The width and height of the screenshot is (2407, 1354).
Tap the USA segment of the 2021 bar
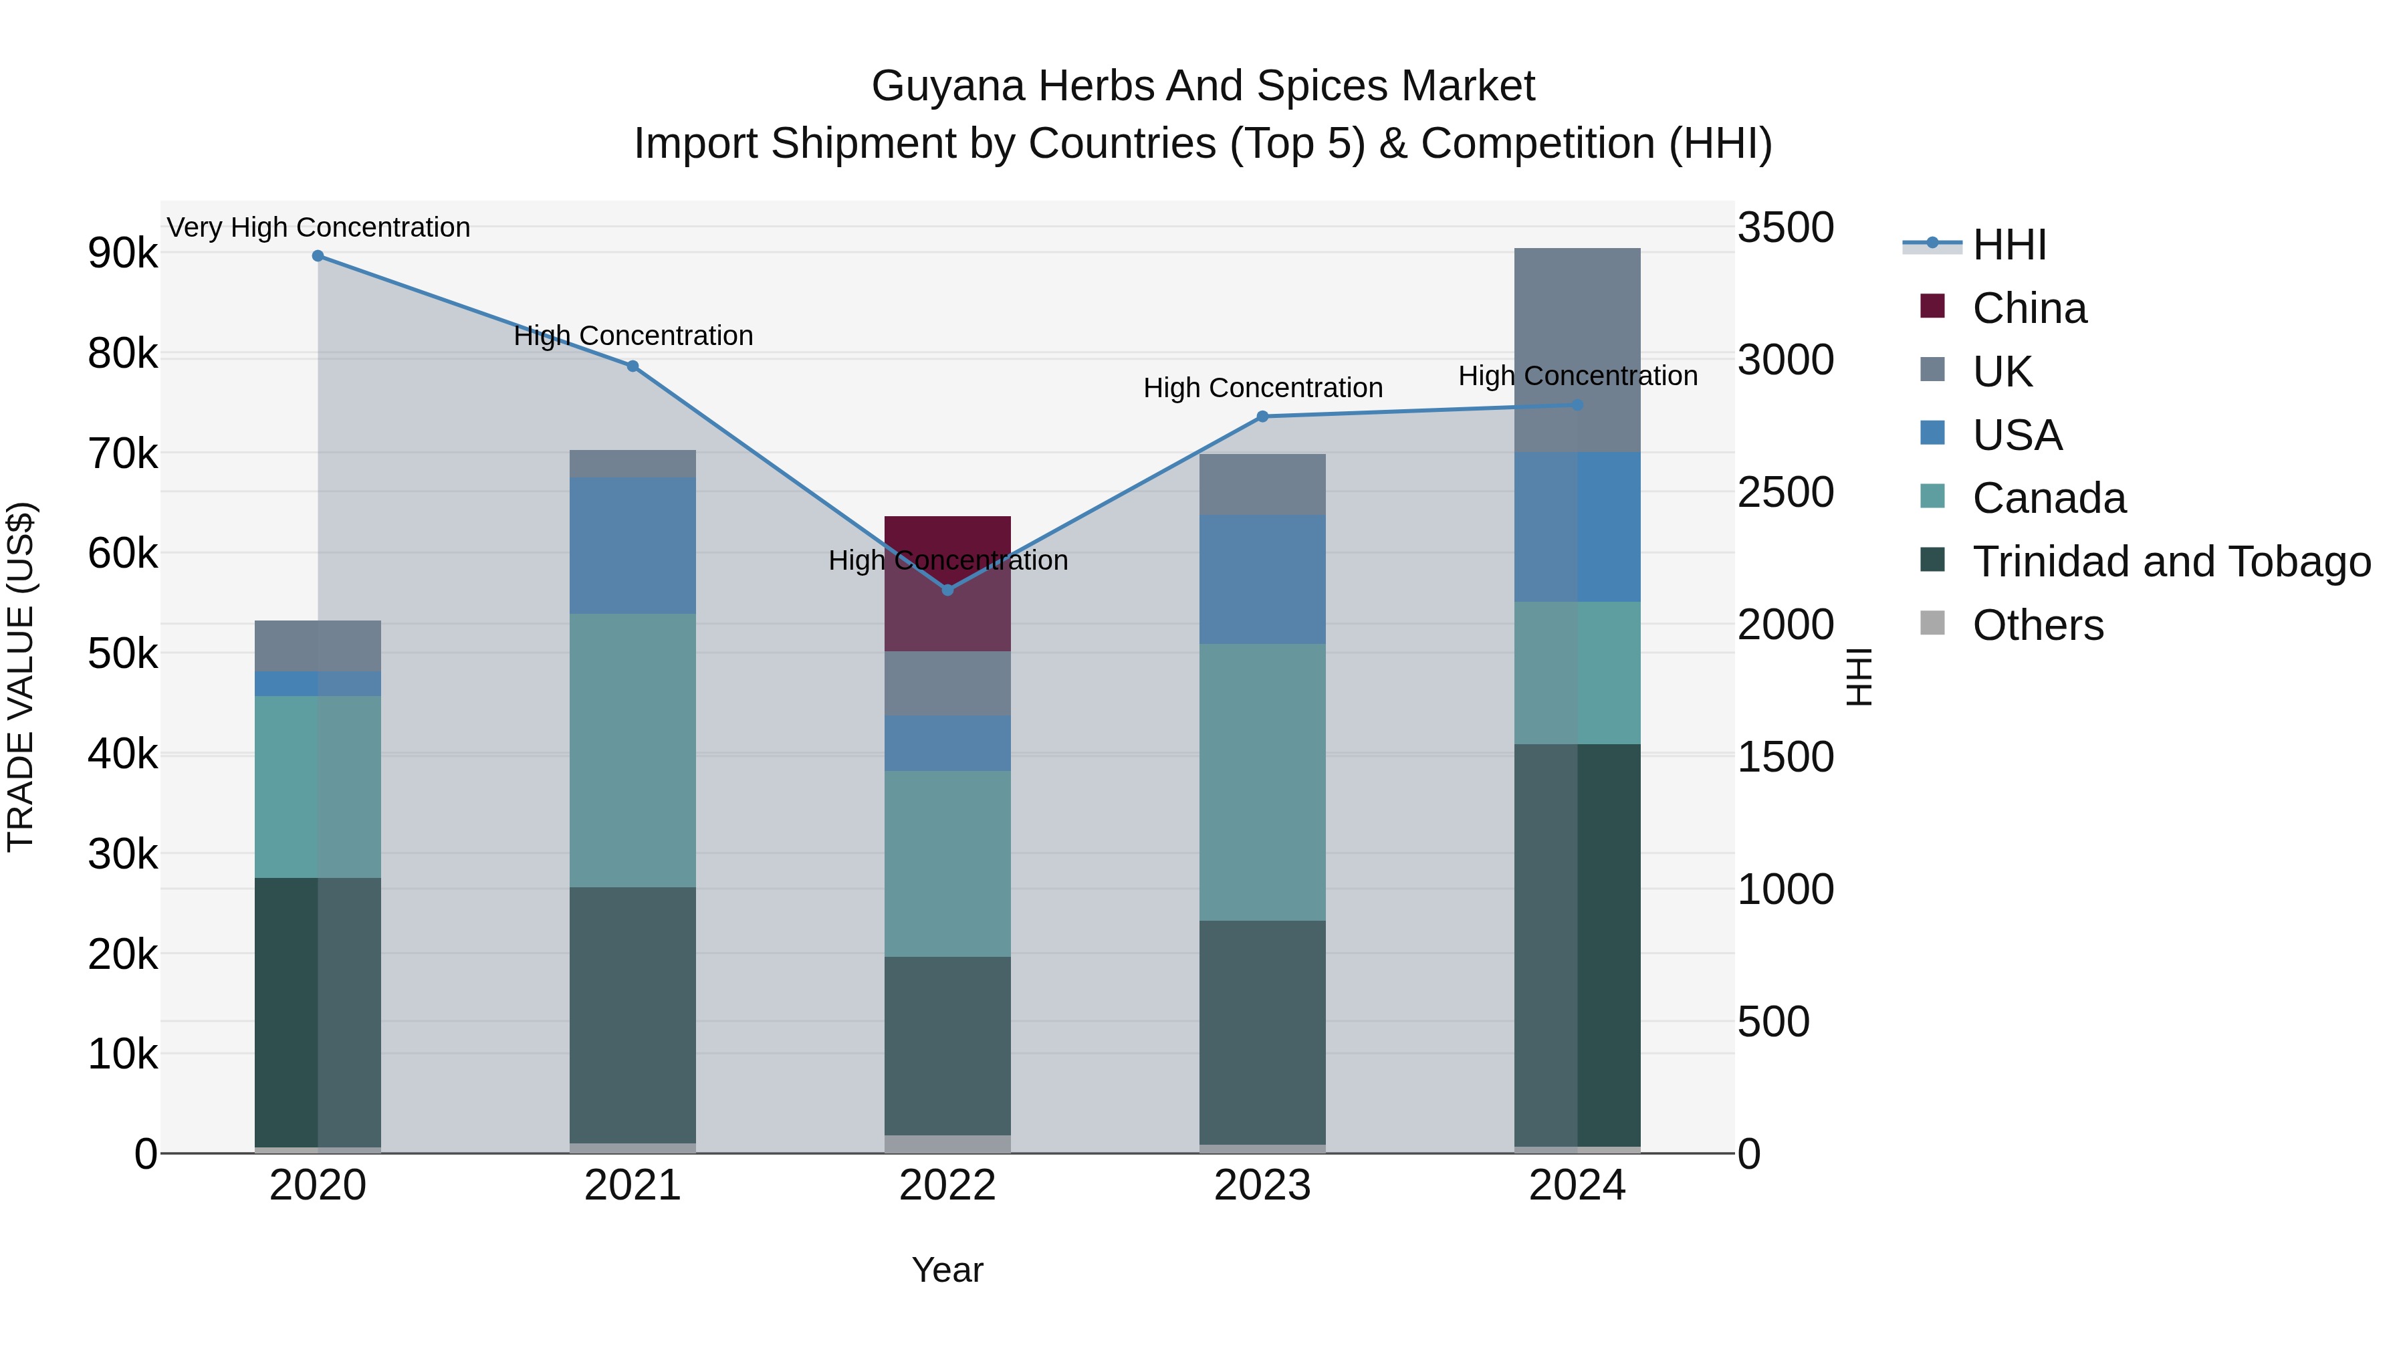(x=633, y=546)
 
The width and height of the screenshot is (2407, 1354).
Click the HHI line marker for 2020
(x=318, y=256)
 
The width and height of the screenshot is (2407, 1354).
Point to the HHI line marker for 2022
(x=947, y=590)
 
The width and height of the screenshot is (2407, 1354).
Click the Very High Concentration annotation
(x=318, y=227)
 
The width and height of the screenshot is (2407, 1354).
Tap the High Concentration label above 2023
(x=1262, y=388)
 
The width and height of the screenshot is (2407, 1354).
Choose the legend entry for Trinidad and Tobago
(x=2170, y=562)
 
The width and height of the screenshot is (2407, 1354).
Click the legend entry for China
(x=2029, y=308)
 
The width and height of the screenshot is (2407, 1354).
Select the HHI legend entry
(x=2009, y=245)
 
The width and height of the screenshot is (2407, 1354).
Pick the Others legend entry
(x=2037, y=625)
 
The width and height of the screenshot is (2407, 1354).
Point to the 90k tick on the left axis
(x=122, y=253)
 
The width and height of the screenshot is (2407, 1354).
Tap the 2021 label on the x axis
(x=633, y=1186)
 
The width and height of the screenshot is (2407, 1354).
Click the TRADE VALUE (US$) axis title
(x=21, y=677)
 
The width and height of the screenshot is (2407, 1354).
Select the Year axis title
(x=947, y=1270)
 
